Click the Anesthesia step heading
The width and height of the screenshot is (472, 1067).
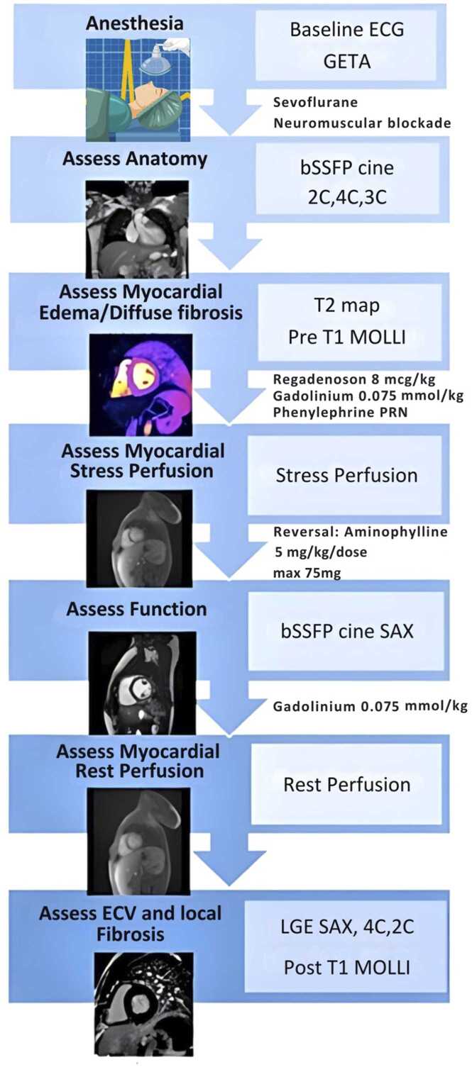pos(134,24)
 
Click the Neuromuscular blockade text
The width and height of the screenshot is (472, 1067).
pos(362,122)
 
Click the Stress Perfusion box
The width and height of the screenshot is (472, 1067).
pos(347,475)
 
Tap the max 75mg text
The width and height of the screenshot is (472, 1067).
pos(307,573)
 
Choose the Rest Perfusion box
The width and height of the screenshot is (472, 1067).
pos(347,785)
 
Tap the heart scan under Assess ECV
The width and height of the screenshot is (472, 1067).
pos(143,1006)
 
